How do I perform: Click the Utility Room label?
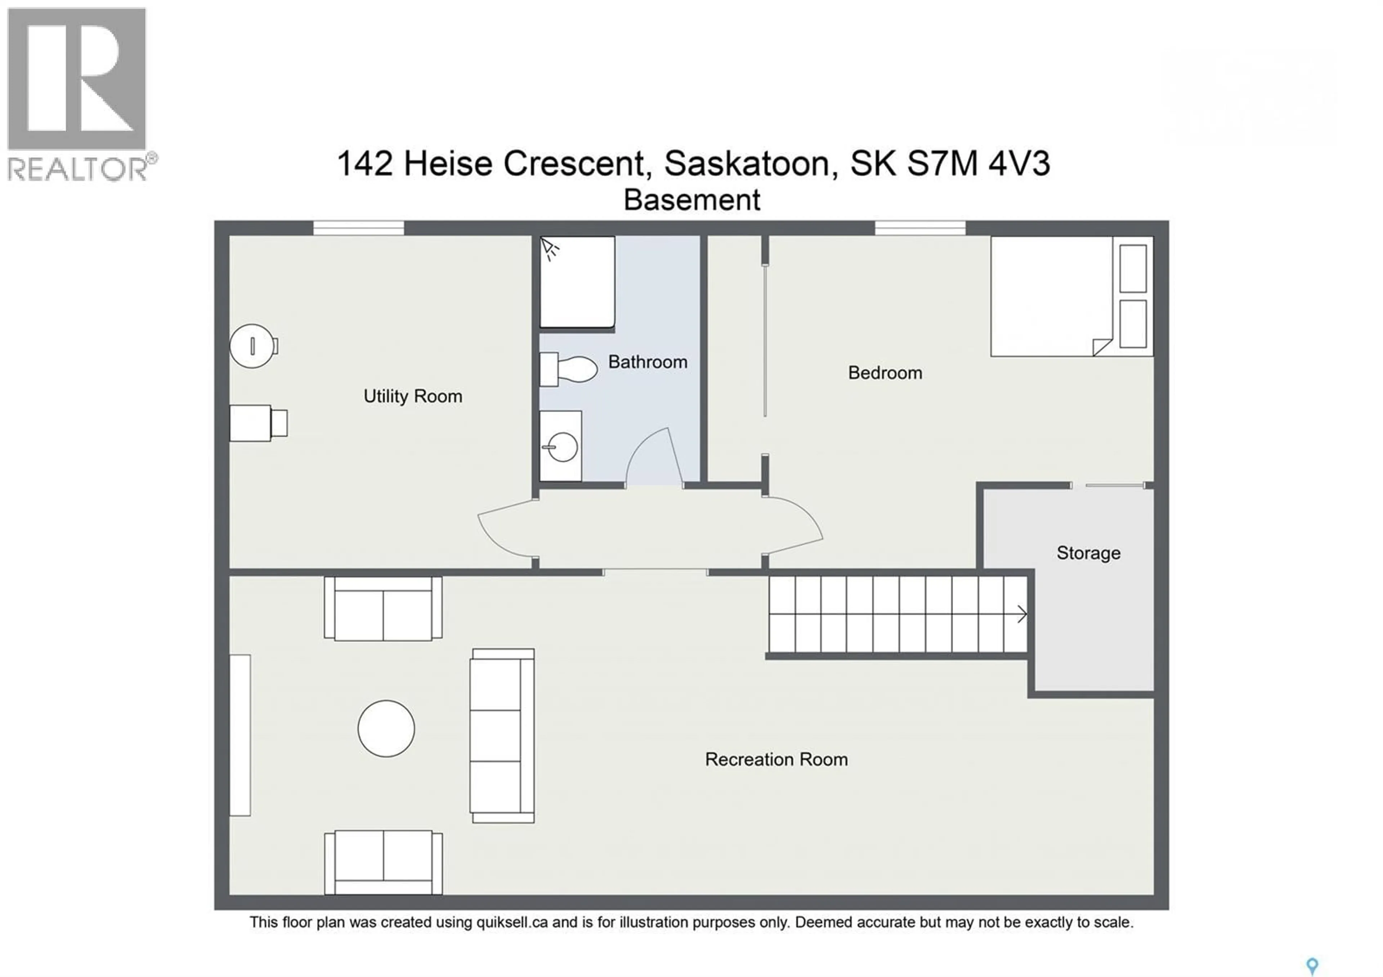[x=413, y=396]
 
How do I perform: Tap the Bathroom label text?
[x=648, y=362]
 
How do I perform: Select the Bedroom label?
[x=885, y=373]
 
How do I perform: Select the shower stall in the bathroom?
[x=577, y=282]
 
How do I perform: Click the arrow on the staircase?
[x=1022, y=614]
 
